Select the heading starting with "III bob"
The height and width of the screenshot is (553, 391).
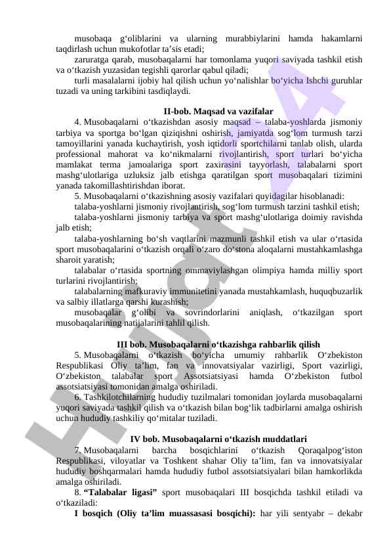click(218, 344)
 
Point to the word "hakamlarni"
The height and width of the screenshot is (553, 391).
click(339, 38)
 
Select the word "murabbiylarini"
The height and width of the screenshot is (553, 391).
click(253, 38)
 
